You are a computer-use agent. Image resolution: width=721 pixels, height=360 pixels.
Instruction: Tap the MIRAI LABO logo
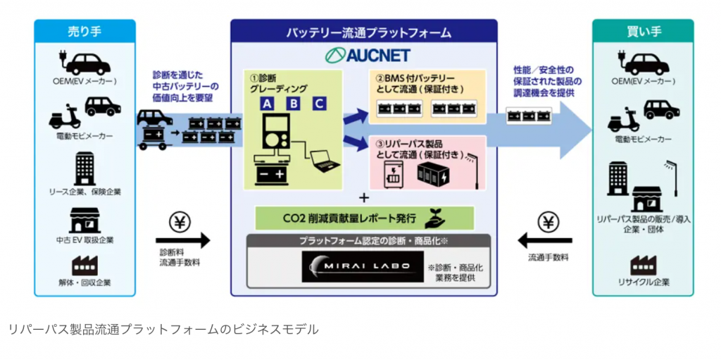[363, 267]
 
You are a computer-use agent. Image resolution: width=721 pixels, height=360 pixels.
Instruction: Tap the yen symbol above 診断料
[181, 222]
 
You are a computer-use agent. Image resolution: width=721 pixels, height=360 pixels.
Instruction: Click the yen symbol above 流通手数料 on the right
[548, 222]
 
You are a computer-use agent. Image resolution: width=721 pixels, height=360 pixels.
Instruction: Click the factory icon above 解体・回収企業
[85, 265]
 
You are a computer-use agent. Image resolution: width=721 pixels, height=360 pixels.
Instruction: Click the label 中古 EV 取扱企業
[85, 240]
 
